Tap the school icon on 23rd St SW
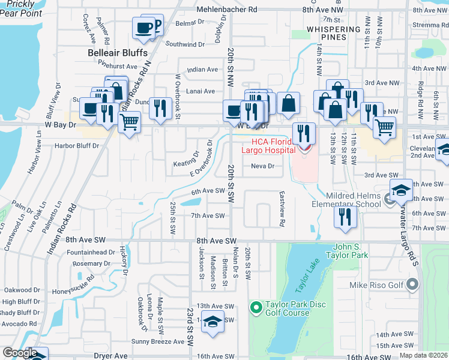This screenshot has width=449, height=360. [212, 322]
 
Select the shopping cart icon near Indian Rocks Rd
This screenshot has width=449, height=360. [129, 122]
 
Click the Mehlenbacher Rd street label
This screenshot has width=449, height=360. [228, 10]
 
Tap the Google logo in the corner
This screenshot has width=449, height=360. [19, 353]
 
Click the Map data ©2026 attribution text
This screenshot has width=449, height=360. [423, 355]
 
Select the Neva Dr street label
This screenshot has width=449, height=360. [262, 166]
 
